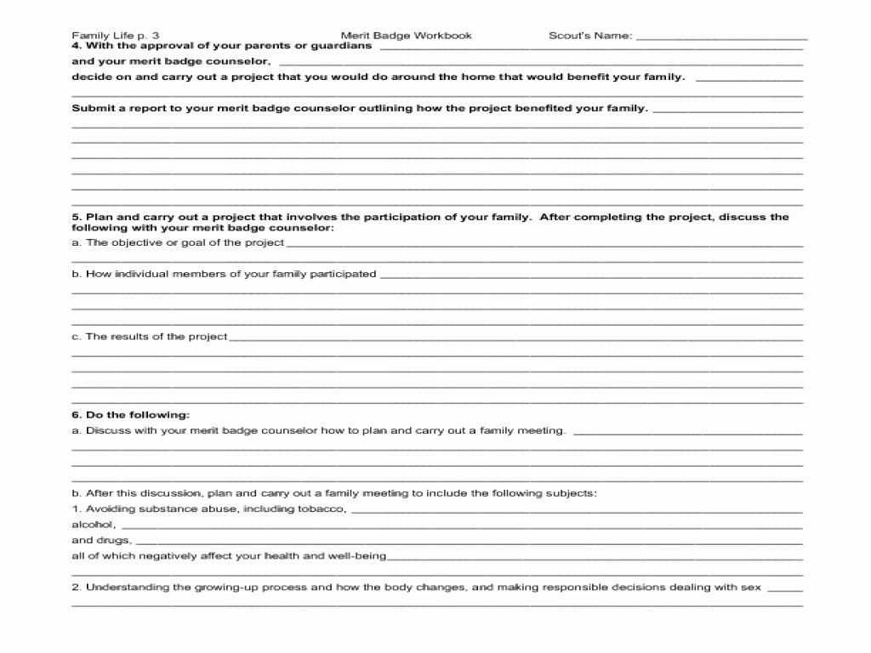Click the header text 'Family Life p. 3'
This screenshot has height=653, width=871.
(115, 36)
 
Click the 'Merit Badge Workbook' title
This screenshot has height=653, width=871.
(406, 36)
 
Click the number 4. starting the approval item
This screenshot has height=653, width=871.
(76, 46)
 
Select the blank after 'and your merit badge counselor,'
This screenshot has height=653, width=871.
(540, 63)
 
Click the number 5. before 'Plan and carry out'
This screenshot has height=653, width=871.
(76, 217)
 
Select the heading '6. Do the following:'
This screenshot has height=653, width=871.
(130, 415)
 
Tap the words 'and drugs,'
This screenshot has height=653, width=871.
(101, 540)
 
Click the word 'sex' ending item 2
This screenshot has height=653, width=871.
(752, 587)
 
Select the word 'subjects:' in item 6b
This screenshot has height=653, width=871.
(575, 493)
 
